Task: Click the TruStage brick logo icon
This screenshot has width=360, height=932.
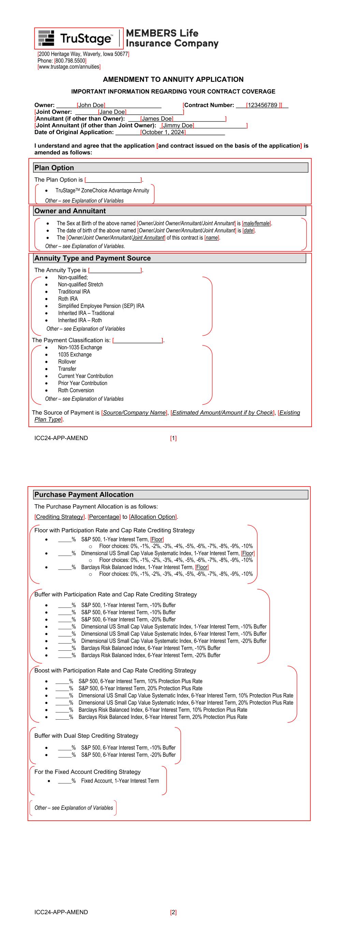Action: [x=46, y=38]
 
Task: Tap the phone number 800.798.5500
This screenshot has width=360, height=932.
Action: [x=70, y=61]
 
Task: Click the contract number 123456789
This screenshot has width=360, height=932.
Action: [x=262, y=105]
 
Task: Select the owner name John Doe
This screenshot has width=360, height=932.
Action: [x=91, y=105]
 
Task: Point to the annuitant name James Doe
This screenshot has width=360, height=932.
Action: [x=157, y=119]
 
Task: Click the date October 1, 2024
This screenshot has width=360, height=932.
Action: [x=163, y=132]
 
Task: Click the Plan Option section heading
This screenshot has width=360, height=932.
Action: [x=54, y=168]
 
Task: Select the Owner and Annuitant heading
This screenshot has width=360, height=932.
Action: [x=70, y=211]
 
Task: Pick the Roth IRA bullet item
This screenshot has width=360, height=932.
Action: [x=68, y=299]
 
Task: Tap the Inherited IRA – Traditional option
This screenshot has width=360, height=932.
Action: [x=86, y=313]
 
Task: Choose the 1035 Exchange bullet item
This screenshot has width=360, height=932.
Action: [x=75, y=355]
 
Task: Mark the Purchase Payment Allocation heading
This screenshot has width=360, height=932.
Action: [x=84, y=495]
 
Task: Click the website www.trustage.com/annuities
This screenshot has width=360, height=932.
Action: [x=69, y=67]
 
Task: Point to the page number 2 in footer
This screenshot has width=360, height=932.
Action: [x=173, y=912]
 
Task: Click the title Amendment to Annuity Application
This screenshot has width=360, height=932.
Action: [x=173, y=80]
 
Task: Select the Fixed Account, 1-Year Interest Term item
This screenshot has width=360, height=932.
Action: [x=120, y=781]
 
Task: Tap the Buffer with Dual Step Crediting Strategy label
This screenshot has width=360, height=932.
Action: [x=86, y=736]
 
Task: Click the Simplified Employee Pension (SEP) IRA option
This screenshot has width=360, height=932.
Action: [x=101, y=306]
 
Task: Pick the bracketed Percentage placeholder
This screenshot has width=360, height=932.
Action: [x=104, y=517]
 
